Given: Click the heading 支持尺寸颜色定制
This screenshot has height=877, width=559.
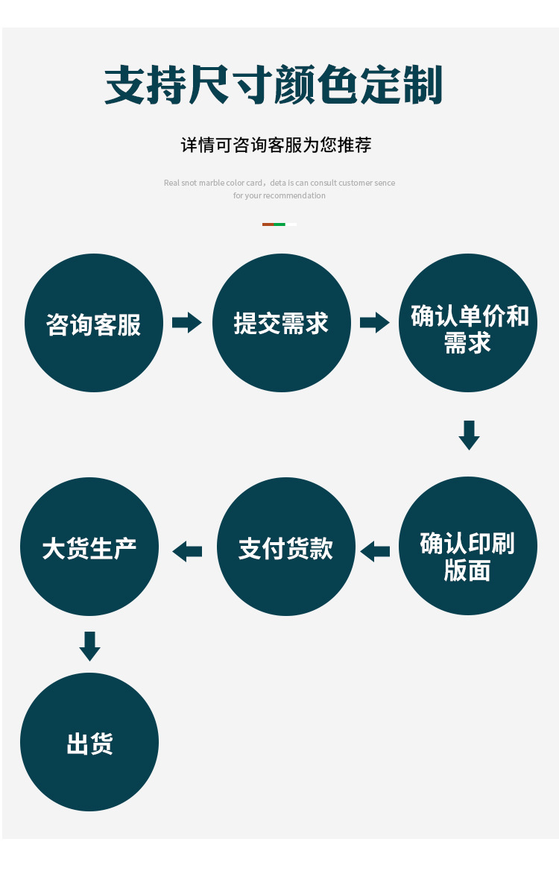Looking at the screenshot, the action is (x=274, y=85).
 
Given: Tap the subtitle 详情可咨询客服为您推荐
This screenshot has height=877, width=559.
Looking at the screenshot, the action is (x=276, y=145).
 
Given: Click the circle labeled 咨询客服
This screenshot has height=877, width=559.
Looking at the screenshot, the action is (x=94, y=323).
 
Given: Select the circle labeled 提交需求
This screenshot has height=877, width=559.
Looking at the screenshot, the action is (x=282, y=323).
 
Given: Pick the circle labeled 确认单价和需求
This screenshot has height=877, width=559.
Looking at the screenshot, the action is (x=468, y=323).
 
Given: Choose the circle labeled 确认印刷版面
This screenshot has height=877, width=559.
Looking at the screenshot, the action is (x=468, y=546).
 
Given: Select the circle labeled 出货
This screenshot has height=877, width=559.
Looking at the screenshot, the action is (x=89, y=742).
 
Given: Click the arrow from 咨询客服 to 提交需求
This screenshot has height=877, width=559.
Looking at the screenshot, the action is (x=187, y=323).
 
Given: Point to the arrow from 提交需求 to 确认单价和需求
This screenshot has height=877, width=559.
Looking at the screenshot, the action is (x=375, y=323).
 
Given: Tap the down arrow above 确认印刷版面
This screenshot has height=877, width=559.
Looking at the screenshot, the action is (x=469, y=435).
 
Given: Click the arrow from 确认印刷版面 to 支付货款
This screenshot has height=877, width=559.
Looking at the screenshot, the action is (x=375, y=552).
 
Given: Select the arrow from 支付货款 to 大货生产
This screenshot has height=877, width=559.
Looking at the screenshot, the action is (x=187, y=552).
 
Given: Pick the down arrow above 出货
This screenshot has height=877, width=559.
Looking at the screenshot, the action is (x=89, y=646).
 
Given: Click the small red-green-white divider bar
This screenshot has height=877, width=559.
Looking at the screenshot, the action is (x=279, y=224).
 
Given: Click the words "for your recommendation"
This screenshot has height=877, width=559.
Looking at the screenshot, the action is (x=279, y=195).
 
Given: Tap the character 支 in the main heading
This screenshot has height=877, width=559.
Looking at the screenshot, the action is (x=123, y=85).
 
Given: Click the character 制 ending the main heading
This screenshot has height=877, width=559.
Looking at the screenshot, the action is (x=424, y=85).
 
